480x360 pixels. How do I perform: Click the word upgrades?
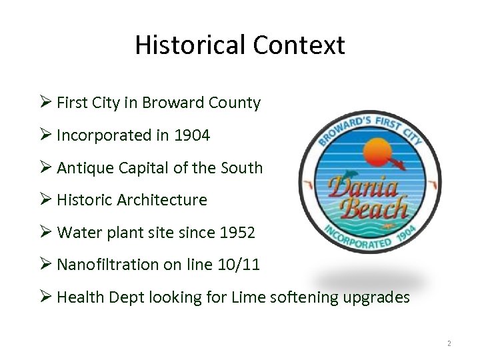coord(376,297)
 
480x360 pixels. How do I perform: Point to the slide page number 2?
coord(449,344)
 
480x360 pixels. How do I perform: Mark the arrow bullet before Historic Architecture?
coord(45,199)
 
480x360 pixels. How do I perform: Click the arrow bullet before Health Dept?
coord(45,297)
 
